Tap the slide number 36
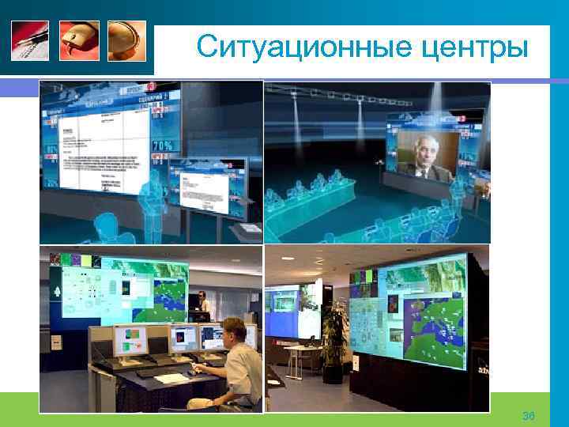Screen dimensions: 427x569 click(529, 416)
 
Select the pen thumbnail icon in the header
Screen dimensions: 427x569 click(30, 40)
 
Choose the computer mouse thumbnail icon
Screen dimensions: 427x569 click(79, 40)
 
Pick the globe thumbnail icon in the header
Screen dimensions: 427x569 click(127, 40)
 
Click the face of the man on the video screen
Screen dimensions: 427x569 click(420, 155)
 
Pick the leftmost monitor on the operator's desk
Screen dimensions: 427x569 click(131, 341)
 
